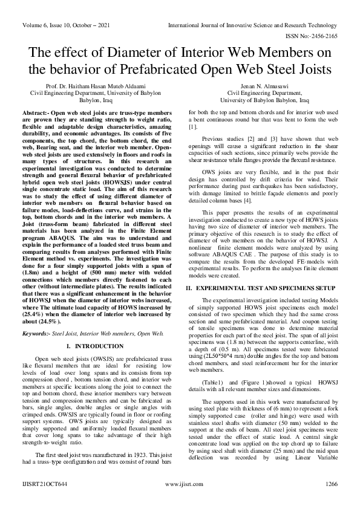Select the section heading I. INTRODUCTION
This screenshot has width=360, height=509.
97,346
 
